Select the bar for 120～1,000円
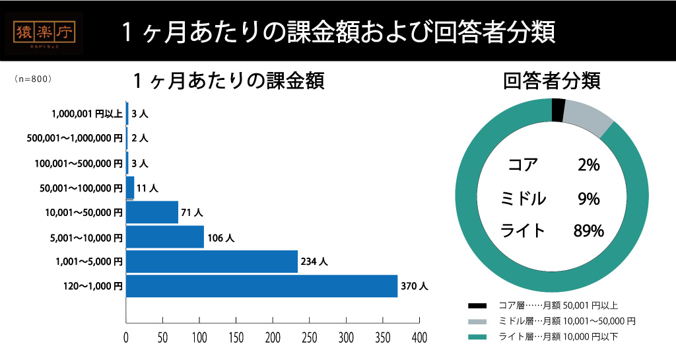tap(261, 287)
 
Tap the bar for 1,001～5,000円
tap(211, 262)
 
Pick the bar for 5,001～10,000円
tap(164, 236)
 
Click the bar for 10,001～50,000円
tap(152, 212)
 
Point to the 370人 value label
tap(415, 287)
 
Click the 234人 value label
tap(314, 262)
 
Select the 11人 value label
tap(147, 188)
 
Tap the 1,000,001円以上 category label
tap(86, 114)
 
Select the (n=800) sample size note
tap(32, 78)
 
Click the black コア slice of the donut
tap(558, 110)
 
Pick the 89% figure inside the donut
tap(589, 231)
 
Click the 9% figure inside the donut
tap(588, 198)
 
